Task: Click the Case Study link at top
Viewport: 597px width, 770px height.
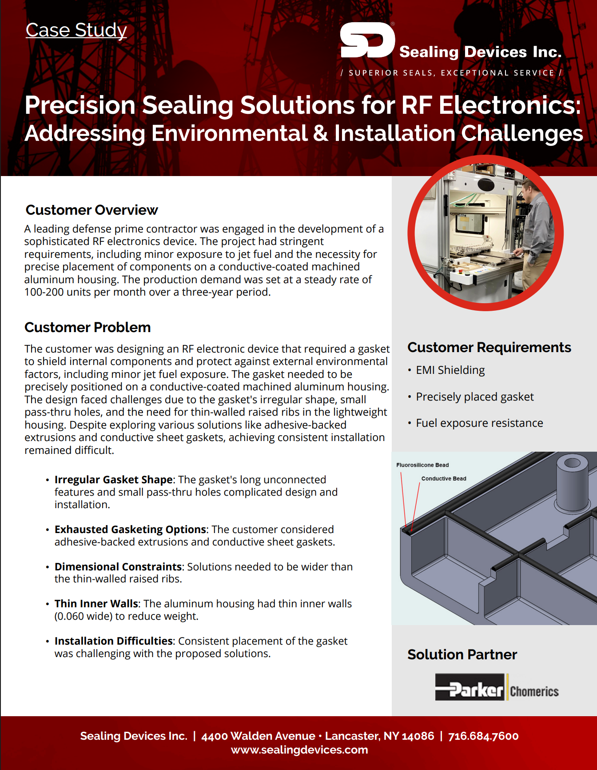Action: [76, 30]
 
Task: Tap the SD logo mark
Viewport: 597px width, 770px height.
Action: [367, 40]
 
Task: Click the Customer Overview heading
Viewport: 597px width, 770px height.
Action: [92, 210]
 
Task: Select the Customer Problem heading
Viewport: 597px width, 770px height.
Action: [88, 327]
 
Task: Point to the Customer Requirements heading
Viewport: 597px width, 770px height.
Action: [489, 347]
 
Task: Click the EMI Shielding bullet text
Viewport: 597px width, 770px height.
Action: [450, 370]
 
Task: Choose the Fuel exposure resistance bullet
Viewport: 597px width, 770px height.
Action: [479, 423]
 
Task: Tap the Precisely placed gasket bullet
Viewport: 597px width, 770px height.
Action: [474, 397]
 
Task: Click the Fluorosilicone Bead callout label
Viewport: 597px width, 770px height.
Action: [422, 465]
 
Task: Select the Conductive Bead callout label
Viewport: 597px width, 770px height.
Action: [444, 479]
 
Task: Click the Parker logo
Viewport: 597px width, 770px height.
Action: [470, 687]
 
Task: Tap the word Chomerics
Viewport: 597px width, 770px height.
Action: [534, 691]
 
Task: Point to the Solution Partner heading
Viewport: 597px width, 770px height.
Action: [462, 654]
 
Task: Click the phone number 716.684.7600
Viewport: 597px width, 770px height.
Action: [483, 736]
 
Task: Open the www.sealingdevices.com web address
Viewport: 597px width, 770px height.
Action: [299, 750]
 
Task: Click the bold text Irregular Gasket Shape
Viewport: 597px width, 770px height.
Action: [113, 480]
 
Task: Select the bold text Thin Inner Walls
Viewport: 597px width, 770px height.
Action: [96, 604]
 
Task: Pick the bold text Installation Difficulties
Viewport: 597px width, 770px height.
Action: [113, 641]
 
